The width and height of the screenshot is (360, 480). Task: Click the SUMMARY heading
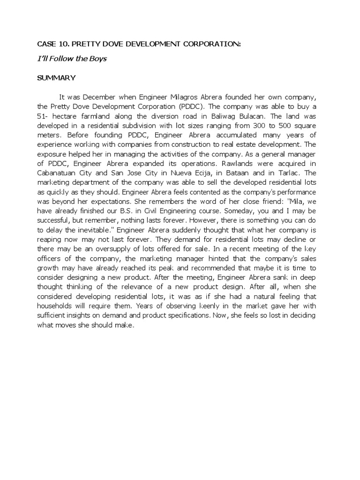tap(56, 77)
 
